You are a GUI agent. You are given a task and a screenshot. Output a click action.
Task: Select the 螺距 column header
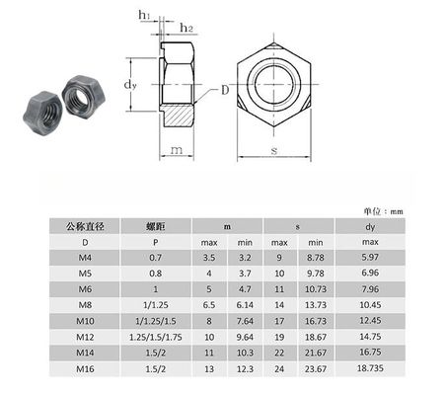point(154,226)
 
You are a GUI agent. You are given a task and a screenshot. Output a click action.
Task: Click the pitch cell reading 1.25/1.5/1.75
point(154,337)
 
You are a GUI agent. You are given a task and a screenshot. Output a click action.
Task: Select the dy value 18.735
point(371,369)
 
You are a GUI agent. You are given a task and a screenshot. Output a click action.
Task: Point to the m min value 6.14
point(245,306)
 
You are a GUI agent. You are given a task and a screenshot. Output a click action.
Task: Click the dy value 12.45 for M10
point(371,321)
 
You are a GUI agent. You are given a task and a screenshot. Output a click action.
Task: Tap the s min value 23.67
point(315,369)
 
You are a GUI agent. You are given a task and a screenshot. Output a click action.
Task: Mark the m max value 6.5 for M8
point(210,306)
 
